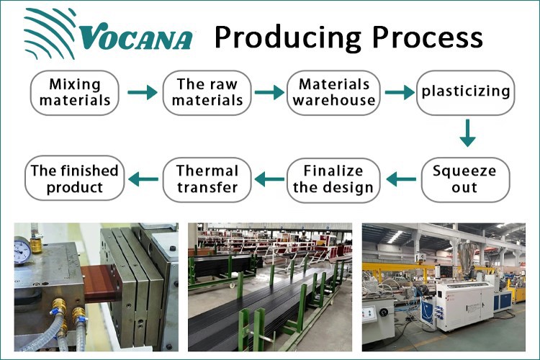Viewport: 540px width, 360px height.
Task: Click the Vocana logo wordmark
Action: point(137,37)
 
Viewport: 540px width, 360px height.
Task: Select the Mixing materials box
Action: point(75,92)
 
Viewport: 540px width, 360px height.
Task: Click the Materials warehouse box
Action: point(334,92)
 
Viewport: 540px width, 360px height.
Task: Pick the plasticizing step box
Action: point(466,92)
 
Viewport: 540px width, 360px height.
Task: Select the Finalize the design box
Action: point(333,179)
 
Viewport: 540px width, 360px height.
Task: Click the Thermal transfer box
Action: point(207,179)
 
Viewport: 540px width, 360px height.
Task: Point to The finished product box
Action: point(75,179)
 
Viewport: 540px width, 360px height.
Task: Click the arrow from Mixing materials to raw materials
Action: point(141,92)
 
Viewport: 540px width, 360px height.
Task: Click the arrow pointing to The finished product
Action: point(141,177)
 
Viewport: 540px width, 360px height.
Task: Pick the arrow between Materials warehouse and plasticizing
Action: point(400,92)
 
